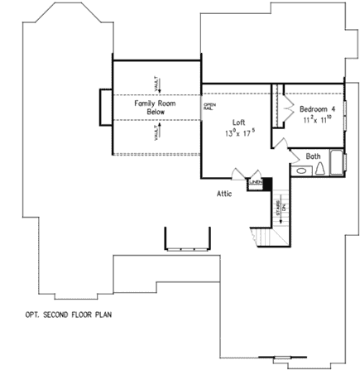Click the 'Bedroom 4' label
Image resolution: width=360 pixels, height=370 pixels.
tap(317, 108)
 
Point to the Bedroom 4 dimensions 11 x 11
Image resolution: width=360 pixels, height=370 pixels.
tap(317, 118)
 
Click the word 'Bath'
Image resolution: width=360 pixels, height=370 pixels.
tap(313, 156)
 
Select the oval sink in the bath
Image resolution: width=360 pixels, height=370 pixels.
tap(303, 170)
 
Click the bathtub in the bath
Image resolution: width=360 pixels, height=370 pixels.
tap(335, 161)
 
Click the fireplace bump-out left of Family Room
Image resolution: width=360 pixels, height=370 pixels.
tap(105, 108)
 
